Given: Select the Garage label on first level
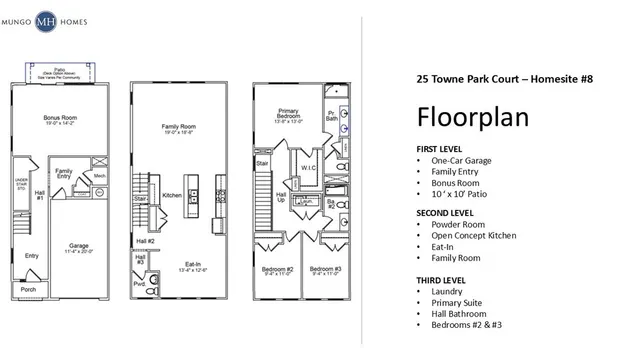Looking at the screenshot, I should pyautogui.click(x=79, y=245).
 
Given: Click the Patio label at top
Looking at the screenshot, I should pyautogui.click(x=60, y=70).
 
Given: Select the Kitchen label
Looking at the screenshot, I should pyautogui.click(x=171, y=195).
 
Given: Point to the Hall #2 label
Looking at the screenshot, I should pyautogui.click(x=144, y=241).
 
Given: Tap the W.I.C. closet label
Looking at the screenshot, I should pyautogui.click(x=308, y=167).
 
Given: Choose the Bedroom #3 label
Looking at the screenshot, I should pyautogui.click(x=325, y=270).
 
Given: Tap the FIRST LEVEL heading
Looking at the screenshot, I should pyautogui.click(x=440, y=148).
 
